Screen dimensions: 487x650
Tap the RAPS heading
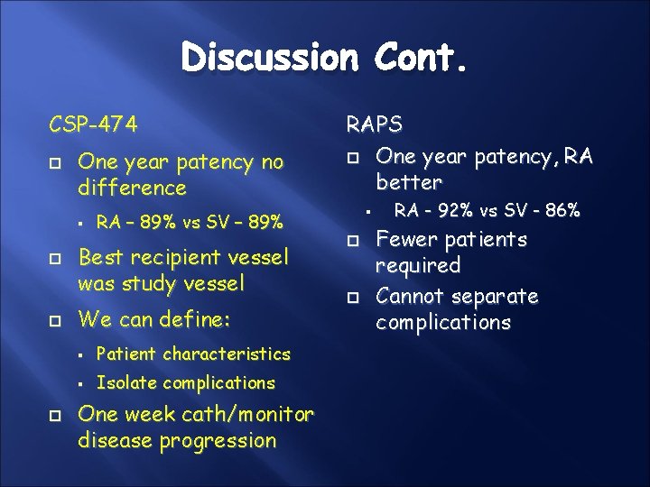tap(374, 125)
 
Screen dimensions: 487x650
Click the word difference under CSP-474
tap(133, 188)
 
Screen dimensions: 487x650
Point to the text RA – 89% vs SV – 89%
tap(190, 221)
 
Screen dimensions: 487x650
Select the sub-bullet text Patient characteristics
tap(193, 354)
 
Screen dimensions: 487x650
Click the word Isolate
tap(123, 382)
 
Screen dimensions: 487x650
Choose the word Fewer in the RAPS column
tap(404, 240)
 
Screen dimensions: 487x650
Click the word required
tap(418, 266)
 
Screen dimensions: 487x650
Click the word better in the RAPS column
tap(409, 183)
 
